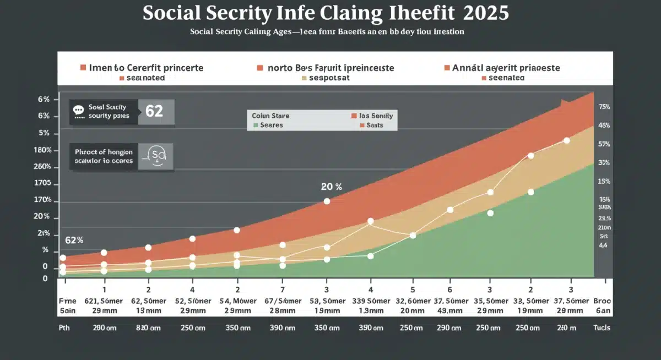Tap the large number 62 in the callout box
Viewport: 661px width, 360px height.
tap(154, 112)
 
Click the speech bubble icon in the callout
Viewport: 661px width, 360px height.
tap(79, 110)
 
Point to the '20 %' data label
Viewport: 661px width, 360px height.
tap(331, 187)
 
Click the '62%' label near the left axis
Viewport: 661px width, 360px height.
tap(74, 240)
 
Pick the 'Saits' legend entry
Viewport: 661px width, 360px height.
tap(370, 125)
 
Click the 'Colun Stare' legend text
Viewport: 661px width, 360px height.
tap(270, 116)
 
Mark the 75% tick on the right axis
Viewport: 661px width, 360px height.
tap(604, 107)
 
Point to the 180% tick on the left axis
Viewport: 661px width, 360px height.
tap(42, 150)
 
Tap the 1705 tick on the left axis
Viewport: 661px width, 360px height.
tap(42, 183)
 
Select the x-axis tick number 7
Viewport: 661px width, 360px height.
tap(283, 289)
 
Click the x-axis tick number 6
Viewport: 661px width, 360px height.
tap(449, 289)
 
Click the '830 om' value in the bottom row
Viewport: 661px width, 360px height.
tap(148, 328)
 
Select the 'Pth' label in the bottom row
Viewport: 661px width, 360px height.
tap(64, 328)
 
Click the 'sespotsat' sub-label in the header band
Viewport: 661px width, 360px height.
tap(329, 78)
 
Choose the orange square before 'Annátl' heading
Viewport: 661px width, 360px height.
tap(447, 68)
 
